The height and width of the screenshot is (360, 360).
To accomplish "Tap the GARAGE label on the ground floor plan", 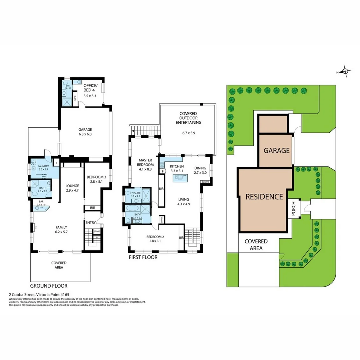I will [x=85, y=130].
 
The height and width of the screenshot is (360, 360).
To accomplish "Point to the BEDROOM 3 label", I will [x=97, y=177].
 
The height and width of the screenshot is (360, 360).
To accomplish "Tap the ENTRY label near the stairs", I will [x=91, y=223].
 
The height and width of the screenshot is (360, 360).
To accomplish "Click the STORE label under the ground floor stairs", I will [x=97, y=231].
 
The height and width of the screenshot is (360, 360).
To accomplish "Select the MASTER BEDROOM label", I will [x=146, y=162].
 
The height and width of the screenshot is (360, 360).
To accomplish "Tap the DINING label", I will [x=200, y=168].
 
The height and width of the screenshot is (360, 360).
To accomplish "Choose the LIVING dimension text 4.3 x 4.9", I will [x=183, y=204].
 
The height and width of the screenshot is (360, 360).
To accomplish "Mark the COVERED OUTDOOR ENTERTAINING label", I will [x=188, y=118].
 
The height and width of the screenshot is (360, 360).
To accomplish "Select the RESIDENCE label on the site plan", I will [x=264, y=196].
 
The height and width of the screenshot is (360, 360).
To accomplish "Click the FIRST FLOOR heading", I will [x=143, y=257].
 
